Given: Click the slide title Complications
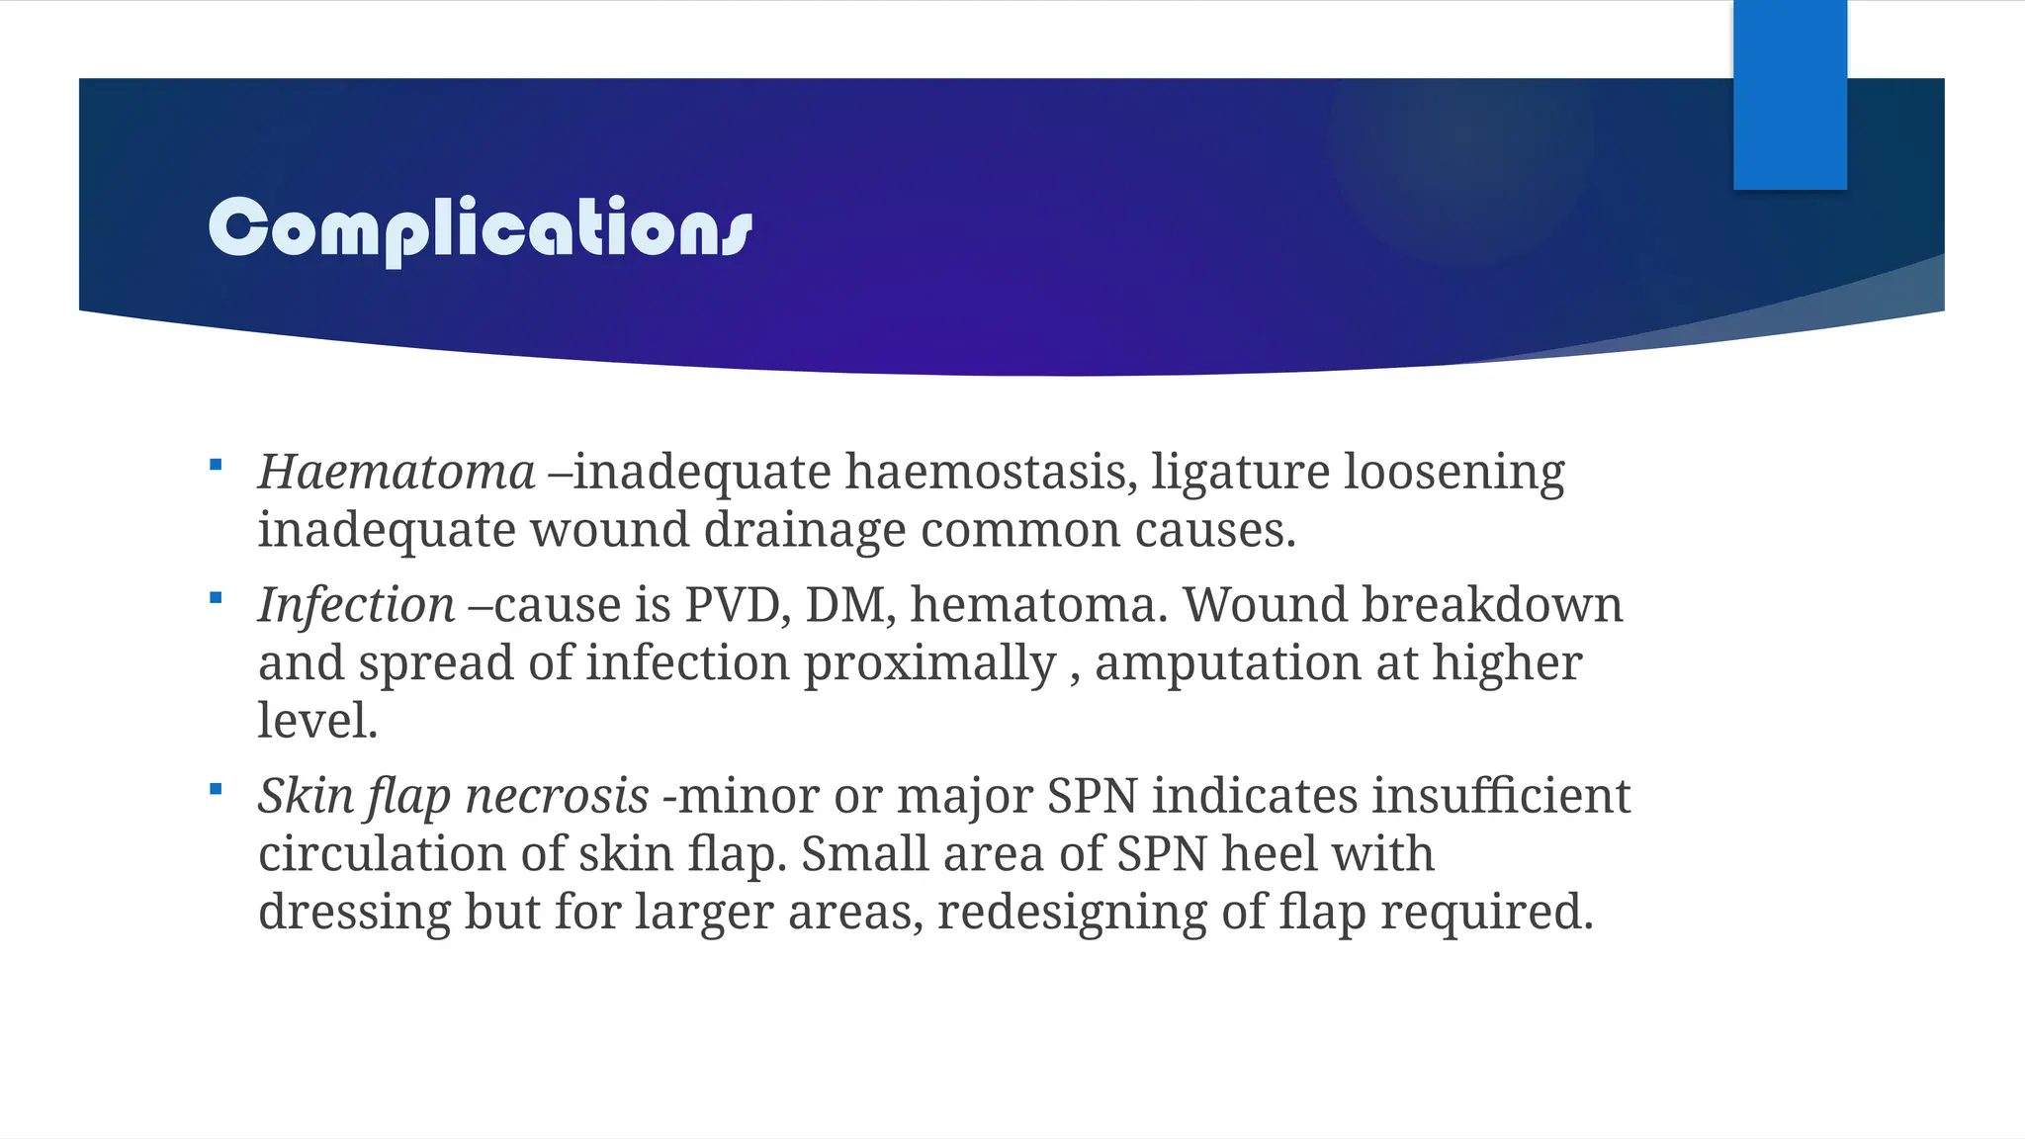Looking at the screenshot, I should [481, 228].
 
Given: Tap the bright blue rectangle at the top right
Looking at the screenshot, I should [1790, 95].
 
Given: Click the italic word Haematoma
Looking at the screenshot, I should [396, 472].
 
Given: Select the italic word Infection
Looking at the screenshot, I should [356, 604].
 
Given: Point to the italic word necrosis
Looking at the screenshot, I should [557, 796].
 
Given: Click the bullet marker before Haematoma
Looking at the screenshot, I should [216, 465].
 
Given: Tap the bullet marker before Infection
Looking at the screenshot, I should [216, 598].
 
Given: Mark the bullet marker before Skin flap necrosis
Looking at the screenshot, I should [216, 789].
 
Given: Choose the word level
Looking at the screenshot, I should [316, 720].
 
